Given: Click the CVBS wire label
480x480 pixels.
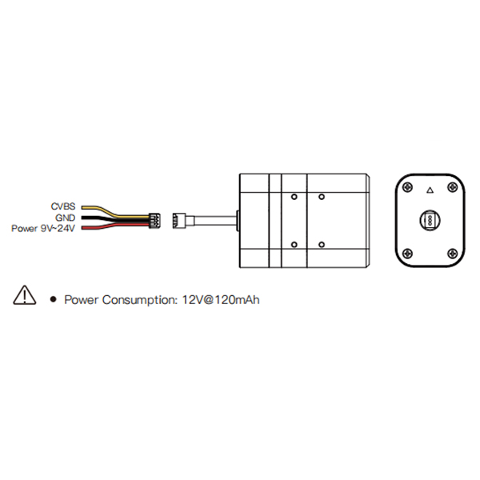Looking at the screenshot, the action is click(63, 206).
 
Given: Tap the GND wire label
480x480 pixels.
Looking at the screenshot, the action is click(66, 218).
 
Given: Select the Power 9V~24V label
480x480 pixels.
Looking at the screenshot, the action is click(43, 228).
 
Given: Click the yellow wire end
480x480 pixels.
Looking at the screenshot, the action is click(82, 207).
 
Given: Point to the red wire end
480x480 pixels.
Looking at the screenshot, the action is click(82, 228).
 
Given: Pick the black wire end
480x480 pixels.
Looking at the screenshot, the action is click(82, 218).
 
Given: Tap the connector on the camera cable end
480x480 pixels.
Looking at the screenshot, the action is click(179, 221).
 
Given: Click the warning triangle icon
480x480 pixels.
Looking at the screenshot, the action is click(25, 295).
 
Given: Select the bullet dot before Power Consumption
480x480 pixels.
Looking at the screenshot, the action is click(54, 299).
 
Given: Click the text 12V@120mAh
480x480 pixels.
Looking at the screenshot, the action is click(221, 300).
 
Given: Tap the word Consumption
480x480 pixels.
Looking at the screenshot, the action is click(140, 300).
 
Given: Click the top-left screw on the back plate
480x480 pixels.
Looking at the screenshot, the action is click(407, 186).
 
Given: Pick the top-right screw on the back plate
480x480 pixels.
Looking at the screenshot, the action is click(453, 186).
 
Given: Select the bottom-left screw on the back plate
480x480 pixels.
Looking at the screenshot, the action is click(407, 253).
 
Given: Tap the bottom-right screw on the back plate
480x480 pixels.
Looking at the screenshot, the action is click(453, 253).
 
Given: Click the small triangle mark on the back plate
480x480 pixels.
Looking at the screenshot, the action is click(430, 191).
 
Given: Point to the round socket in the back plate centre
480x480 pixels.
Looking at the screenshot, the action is click(430, 220).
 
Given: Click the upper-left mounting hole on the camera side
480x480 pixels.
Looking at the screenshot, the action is click(294, 197).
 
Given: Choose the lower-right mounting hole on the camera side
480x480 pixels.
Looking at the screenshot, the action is click(322, 245).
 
